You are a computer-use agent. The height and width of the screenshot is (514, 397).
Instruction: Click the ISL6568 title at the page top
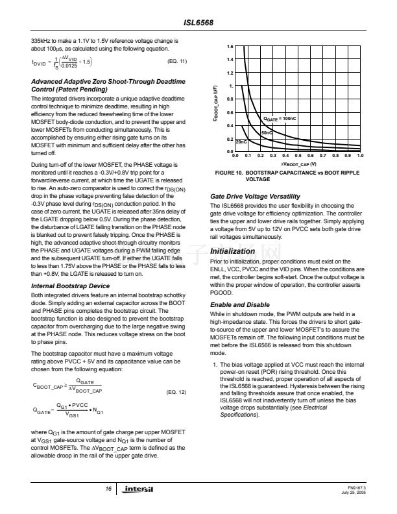pos(198,22)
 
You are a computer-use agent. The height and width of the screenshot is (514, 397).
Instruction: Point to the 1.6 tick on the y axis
pos(230,47)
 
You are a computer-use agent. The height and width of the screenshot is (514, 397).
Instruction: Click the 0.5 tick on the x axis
pos(298,156)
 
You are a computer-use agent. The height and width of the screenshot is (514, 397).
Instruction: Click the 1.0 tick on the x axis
pos(360,156)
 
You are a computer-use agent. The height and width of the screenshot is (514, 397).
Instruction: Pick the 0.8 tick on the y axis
pos(230,100)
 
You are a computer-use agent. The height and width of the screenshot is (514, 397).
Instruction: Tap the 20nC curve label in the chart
pos(241,141)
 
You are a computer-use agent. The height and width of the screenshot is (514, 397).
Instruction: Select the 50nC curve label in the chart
pos(266,132)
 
